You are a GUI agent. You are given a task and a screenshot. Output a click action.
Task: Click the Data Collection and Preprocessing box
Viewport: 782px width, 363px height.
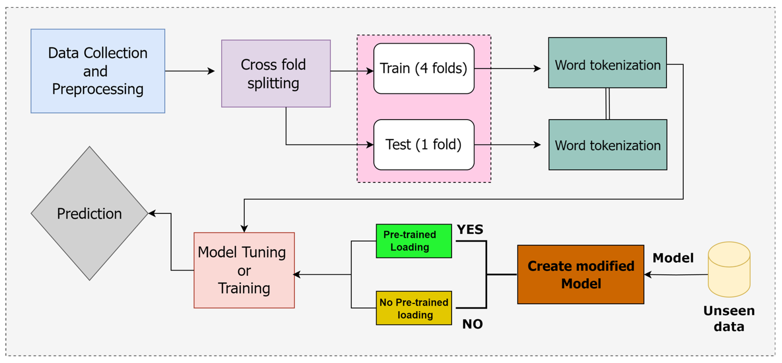point(98,71)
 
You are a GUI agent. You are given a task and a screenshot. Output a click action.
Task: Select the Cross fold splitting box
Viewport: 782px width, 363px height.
point(276,73)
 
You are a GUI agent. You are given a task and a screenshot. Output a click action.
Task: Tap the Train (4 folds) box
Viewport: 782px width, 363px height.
point(424,68)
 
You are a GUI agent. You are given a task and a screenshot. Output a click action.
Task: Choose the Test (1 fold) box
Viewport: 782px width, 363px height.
point(424,144)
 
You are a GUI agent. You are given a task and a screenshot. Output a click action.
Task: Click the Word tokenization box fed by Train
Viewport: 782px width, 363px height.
point(607,62)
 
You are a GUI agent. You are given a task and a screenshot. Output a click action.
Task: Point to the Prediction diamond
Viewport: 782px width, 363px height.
point(90,213)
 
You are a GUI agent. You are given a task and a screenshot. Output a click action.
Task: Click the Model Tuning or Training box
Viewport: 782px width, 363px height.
point(244,270)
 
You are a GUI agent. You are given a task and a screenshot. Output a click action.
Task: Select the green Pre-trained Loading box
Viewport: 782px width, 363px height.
point(414,241)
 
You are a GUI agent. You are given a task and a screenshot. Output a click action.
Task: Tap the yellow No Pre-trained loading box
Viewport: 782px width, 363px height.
point(414,308)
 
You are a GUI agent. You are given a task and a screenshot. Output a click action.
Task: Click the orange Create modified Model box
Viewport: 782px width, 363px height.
point(580,274)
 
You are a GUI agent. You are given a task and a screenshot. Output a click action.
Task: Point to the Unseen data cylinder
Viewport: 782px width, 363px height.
point(729,269)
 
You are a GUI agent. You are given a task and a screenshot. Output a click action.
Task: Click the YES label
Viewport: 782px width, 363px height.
point(470,229)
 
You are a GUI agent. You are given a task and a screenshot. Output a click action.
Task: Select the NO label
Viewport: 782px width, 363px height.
point(472,324)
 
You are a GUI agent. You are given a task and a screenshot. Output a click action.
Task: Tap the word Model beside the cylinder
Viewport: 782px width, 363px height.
point(673,258)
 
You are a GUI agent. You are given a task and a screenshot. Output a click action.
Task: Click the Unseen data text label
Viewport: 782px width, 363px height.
point(729,319)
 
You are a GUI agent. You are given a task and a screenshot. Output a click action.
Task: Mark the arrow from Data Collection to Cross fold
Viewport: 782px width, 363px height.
point(190,71)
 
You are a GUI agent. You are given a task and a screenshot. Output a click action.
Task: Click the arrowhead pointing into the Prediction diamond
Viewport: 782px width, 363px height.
point(152,213)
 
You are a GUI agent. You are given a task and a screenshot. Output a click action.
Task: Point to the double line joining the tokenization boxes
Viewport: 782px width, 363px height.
point(607,103)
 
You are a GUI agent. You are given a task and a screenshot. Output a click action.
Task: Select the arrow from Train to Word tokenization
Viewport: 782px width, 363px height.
point(508,69)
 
